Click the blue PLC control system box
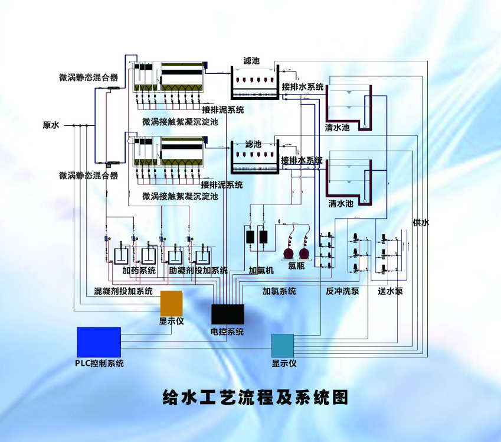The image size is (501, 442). (99, 342)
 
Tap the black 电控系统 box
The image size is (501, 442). (227, 314)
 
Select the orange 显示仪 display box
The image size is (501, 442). (172, 303)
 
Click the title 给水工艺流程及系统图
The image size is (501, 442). (256, 396)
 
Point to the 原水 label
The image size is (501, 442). (51, 125)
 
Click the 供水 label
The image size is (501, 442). (421, 222)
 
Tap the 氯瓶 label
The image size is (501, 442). (296, 266)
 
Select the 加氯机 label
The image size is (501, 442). (261, 271)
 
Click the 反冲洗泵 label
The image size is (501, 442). (342, 291)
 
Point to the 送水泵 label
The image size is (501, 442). (390, 291)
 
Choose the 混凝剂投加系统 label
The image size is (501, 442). (123, 291)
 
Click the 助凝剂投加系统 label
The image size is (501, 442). (198, 271)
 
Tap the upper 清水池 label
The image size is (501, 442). (337, 128)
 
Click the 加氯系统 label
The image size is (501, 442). (279, 291)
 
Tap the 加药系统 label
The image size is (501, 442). (139, 271)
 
